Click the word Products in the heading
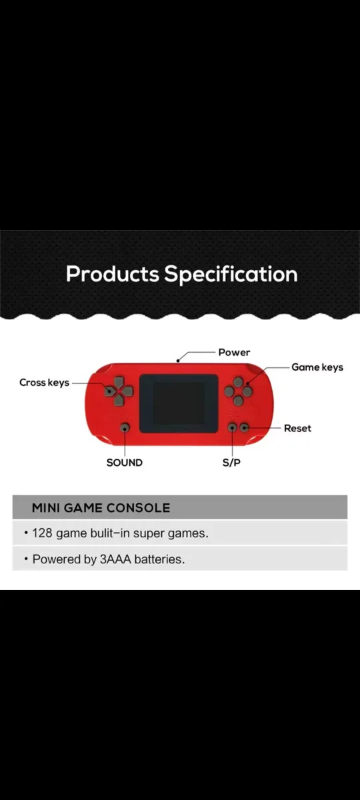[112, 274]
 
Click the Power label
[234, 352]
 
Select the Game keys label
[317, 367]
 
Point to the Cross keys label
[44, 383]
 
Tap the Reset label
[297, 428]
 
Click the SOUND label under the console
[124, 462]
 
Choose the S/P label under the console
[231, 462]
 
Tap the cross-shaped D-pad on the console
[117, 391]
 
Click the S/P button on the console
[232, 427]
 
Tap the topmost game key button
[238, 383]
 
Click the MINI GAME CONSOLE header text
[101, 508]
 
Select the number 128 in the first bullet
[43, 533]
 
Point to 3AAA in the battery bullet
[115, 559]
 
